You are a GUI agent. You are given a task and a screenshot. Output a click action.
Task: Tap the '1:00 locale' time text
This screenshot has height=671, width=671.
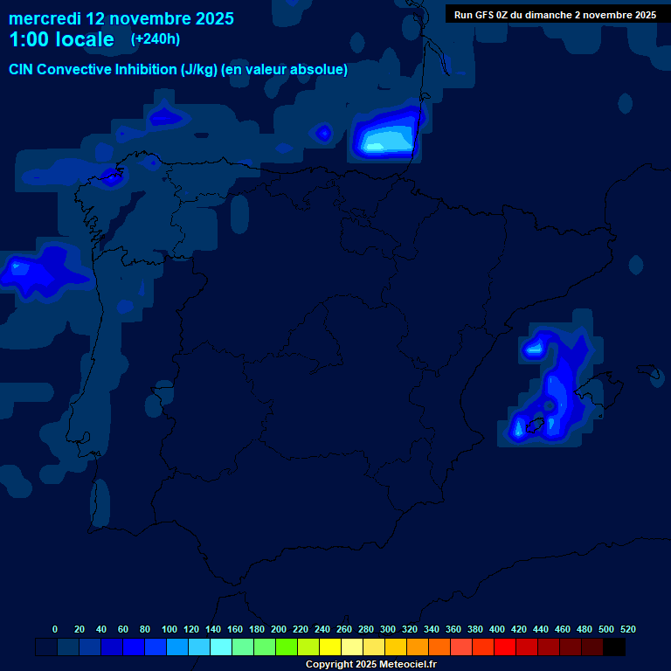(61, 39)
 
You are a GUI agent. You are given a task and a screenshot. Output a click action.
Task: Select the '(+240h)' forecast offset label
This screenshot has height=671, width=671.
(155, 38)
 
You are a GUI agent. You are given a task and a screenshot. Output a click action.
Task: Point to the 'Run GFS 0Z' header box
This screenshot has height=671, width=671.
(555, 14)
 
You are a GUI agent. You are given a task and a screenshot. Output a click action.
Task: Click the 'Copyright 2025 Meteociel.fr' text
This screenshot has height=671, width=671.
(370, 664)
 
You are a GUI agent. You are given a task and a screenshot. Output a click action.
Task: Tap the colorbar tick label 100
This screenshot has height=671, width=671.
(169, 629)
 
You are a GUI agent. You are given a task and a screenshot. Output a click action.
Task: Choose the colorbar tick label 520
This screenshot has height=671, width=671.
(627, 629)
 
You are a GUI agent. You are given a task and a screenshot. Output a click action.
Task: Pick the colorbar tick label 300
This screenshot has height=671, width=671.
(388, 629)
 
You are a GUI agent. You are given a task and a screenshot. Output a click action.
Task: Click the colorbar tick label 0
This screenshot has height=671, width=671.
(55, 629)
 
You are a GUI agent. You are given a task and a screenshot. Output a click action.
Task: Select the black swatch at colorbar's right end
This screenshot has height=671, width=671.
(614, 647)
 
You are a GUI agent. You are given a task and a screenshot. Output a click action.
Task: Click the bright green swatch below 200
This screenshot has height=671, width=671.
(287, 647)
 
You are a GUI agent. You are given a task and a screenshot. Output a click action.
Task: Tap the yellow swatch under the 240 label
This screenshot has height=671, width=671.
(330, 647)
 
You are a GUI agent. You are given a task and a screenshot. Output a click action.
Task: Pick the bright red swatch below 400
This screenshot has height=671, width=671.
(505, 647)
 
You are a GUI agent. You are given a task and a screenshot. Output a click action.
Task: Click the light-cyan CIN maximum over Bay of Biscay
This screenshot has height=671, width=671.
(384, 140)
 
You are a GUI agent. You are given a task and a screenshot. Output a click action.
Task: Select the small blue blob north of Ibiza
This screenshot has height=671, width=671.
(534, 349)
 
